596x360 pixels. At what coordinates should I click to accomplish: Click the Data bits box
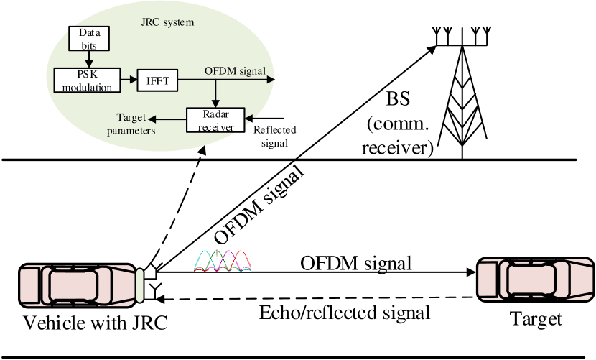tap(90, 39)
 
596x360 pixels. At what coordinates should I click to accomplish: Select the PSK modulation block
tap(86, 80)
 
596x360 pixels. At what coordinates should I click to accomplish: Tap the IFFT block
tap(157, 80)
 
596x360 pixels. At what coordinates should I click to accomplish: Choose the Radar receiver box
tap(215, 119)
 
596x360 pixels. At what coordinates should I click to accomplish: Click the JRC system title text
tap(168, 22)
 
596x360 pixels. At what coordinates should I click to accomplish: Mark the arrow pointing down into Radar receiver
tap(215, 94)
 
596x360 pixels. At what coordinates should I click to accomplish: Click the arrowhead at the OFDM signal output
tap(271, 80)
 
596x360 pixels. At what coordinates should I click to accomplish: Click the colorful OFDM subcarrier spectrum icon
tap(223, 260)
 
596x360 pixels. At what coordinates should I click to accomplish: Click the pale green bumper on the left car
tap(141, 285)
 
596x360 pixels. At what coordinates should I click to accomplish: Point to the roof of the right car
tap(531, 279)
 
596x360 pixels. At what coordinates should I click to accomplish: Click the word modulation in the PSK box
tap(86, 88)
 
